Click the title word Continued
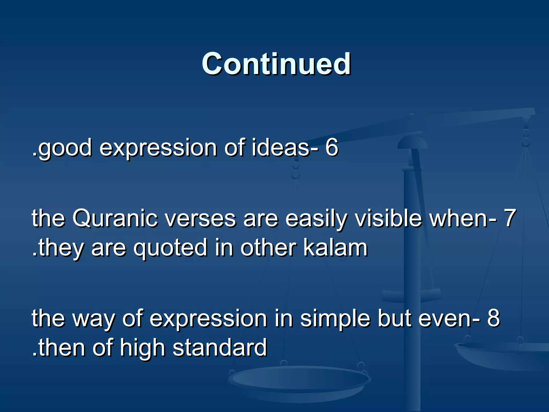[276, 64]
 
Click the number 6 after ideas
[332, 148]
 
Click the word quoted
[170, 248]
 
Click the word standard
[220, 348]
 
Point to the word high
[142, 348]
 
